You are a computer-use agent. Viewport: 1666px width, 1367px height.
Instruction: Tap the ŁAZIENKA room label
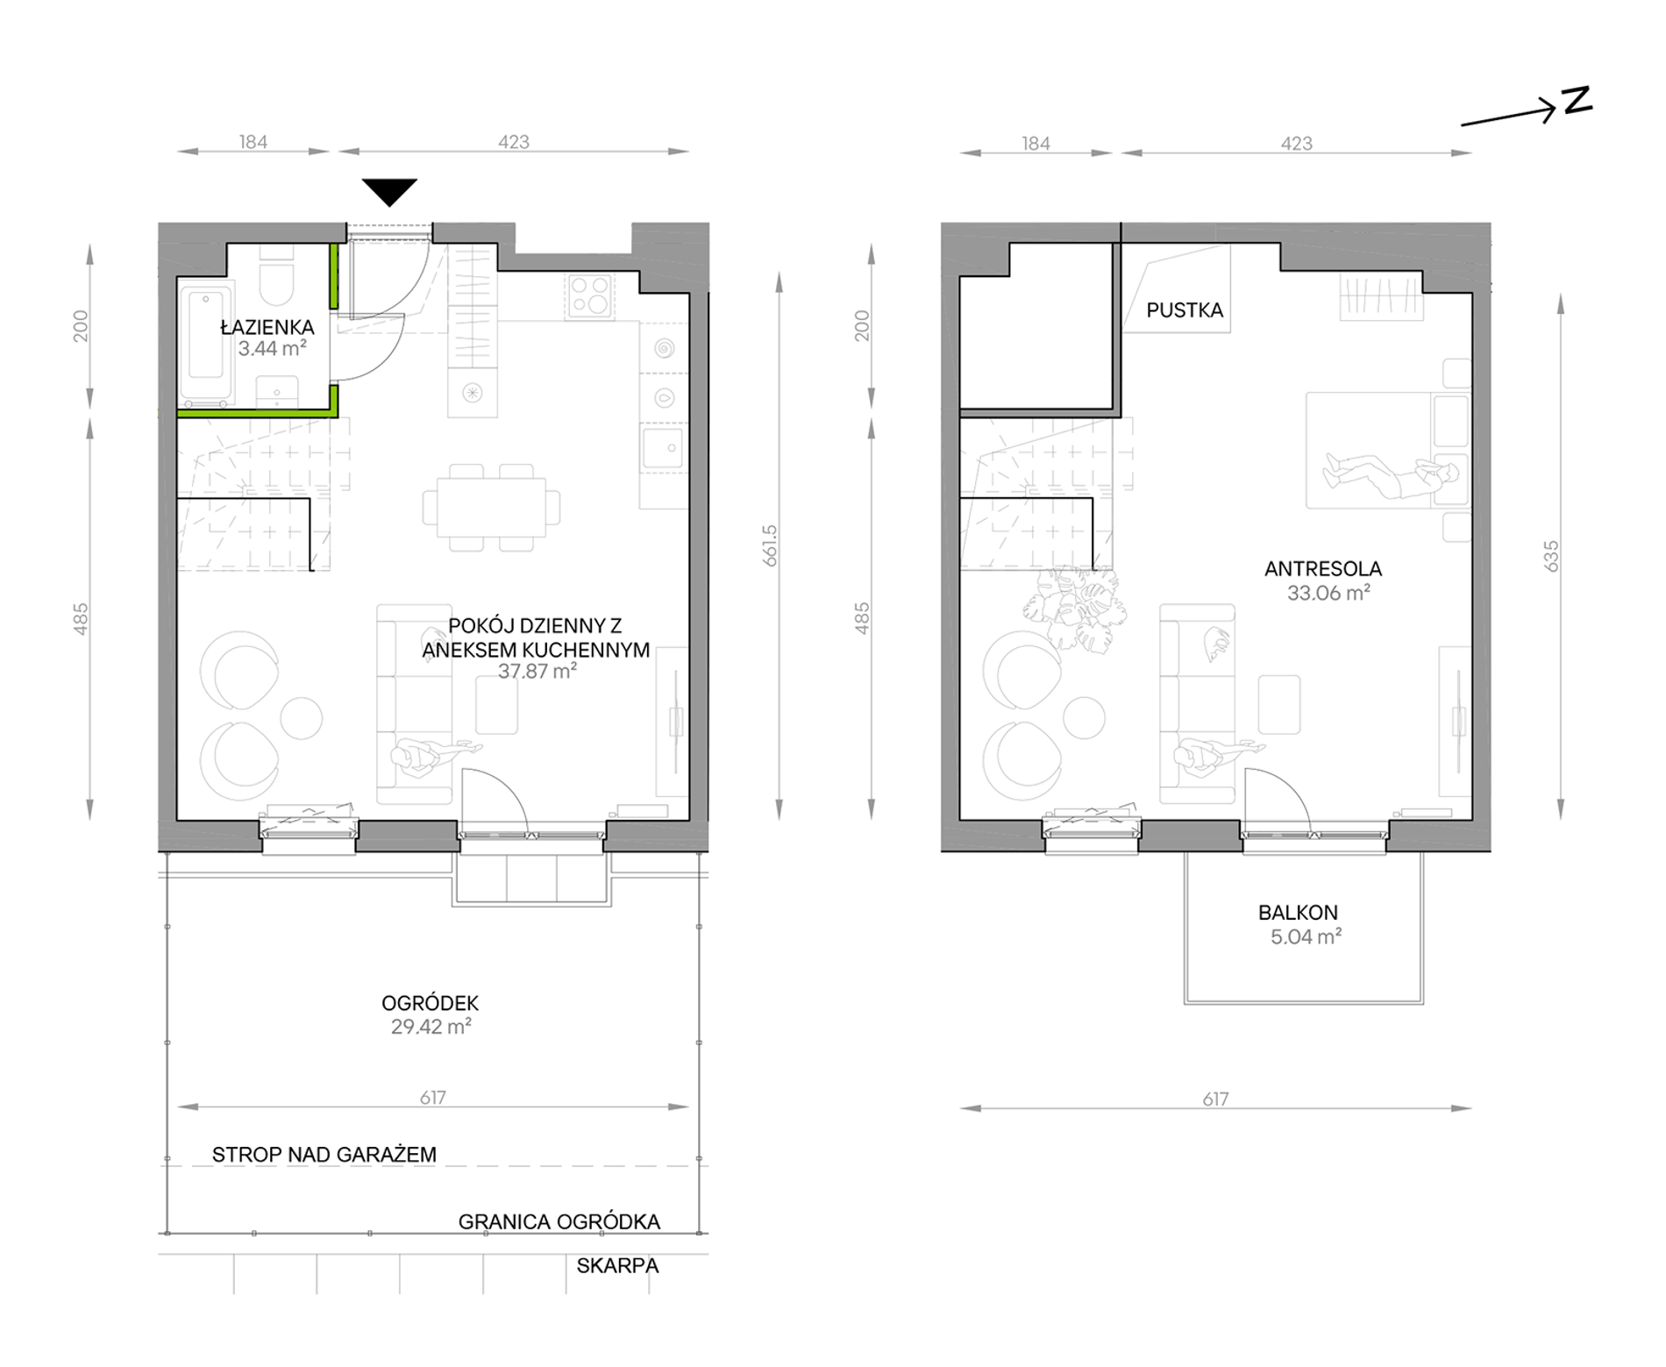267,327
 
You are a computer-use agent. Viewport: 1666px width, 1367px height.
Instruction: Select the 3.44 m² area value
272,348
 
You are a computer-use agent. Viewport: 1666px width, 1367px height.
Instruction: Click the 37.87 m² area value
537,672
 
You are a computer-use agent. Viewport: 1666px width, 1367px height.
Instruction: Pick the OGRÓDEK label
431,1003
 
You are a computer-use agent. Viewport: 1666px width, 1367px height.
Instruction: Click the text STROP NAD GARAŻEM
324,1155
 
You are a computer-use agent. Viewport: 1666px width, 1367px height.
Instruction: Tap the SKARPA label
617,1266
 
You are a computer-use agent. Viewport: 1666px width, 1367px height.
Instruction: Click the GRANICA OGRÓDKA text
559,1221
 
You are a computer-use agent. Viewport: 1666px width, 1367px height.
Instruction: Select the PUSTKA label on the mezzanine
1185,310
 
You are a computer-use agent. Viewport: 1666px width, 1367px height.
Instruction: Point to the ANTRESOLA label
1323,569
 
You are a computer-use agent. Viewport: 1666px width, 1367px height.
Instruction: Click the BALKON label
1299,913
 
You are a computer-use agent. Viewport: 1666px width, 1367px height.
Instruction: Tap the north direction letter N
1577,101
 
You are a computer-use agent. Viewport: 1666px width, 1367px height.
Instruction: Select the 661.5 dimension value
771,545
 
